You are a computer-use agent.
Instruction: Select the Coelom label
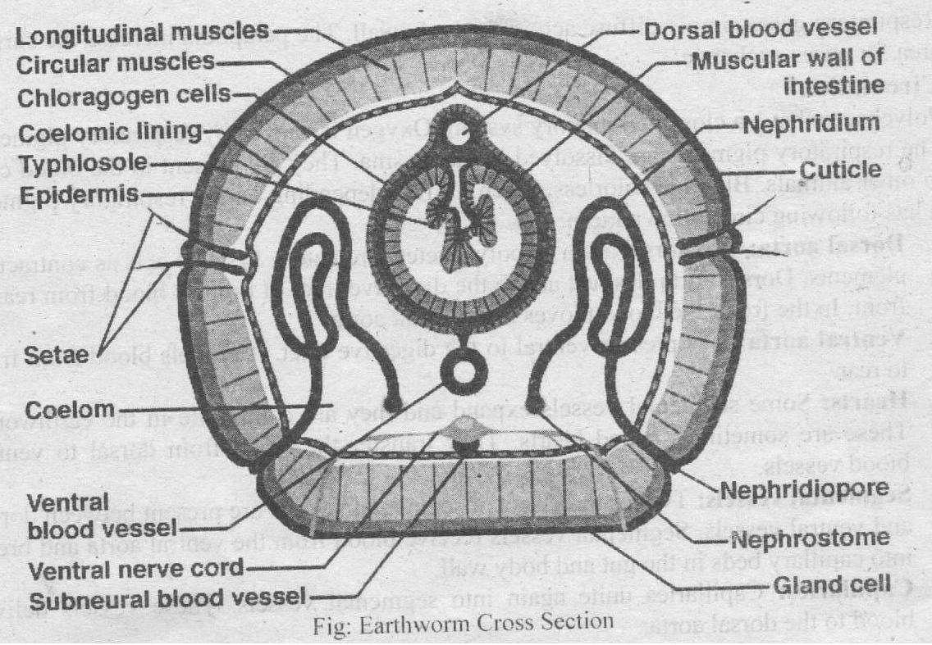(66, 407)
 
